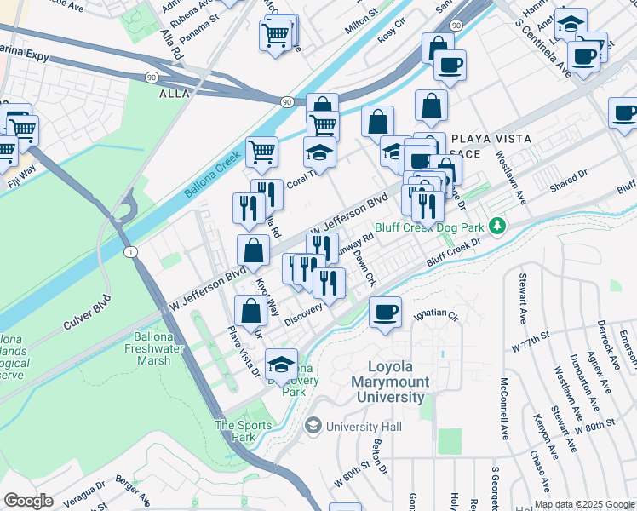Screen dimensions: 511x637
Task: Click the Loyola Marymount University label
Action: point(389,382)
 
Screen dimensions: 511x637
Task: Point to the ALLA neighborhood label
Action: point(174,95)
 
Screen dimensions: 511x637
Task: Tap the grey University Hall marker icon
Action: point(313,425)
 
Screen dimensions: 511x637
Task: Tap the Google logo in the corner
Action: point(28,501)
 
